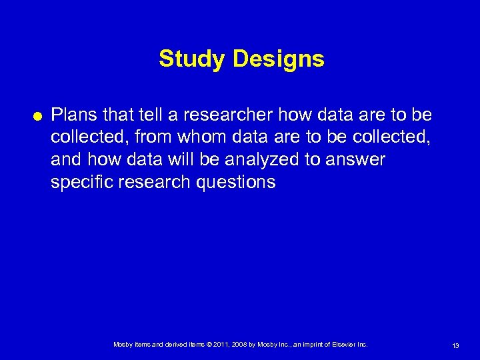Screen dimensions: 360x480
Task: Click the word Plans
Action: pyautogui.click(x=73, y=115)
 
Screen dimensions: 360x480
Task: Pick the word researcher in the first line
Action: pyautogui.click(x=229, y=115)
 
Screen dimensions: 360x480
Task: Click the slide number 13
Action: pyautogui.click(x=455, y=345)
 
